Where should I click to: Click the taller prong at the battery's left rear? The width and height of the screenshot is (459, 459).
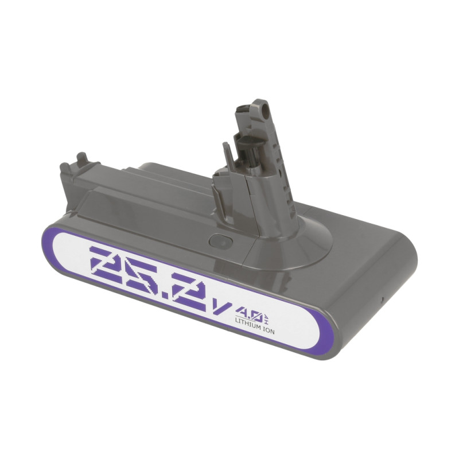[81, 158]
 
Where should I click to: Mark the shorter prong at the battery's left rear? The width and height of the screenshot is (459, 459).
[64, 169]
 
